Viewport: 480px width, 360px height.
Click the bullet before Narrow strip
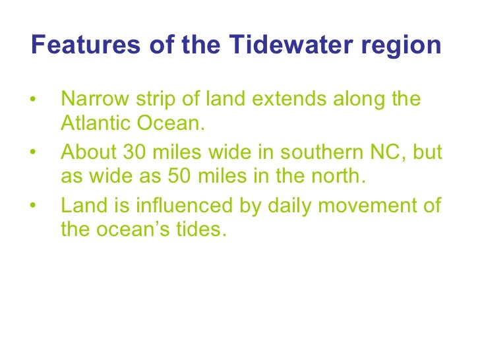33,101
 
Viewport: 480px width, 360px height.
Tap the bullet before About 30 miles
33,154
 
